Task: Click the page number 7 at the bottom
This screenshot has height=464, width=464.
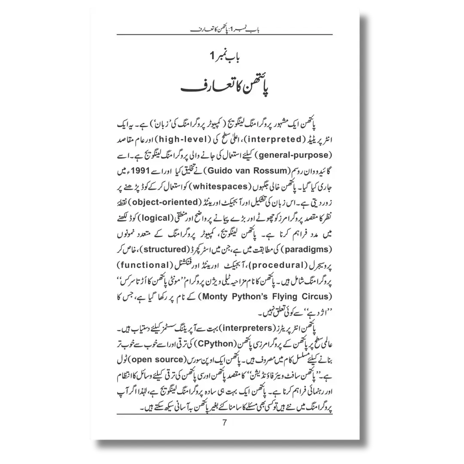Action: [224, 422]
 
